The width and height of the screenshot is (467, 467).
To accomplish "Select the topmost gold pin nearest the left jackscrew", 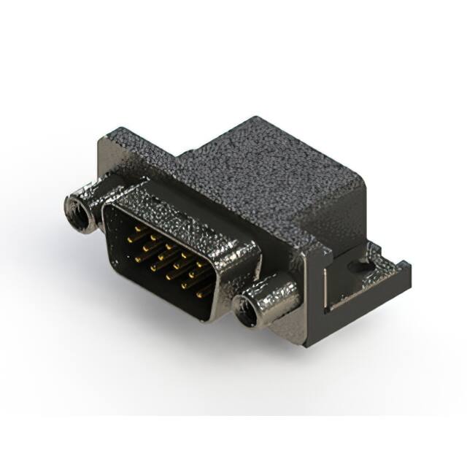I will click(x=137, y=229).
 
